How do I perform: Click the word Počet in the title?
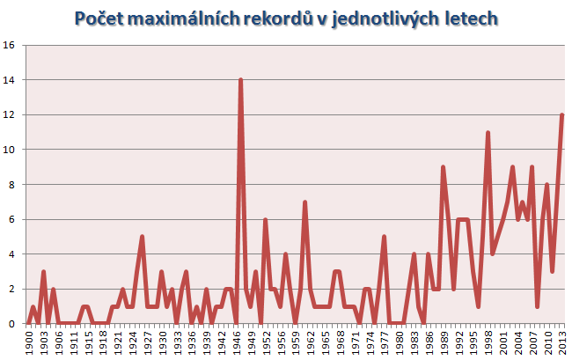point(100,18)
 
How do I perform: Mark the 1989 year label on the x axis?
point(443,341)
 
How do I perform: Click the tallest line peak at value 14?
point(240,80)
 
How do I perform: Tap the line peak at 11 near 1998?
point(487,133)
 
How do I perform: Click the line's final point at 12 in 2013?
point(561,115)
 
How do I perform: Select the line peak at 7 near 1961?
point(304,202)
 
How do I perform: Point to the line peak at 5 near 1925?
point(142,237)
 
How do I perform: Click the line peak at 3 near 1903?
point(42,272)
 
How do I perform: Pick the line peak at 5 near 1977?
point(384,237)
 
